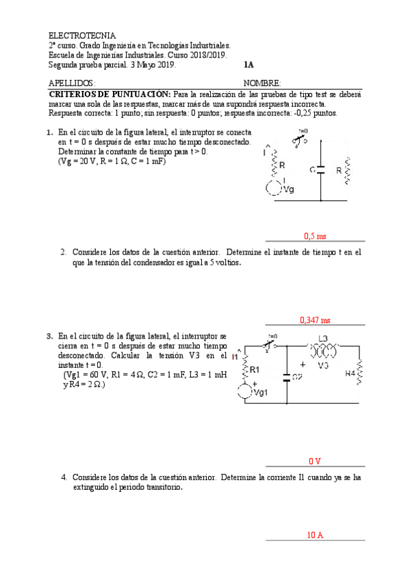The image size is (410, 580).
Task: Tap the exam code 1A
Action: pos(248,65)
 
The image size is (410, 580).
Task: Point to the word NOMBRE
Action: pos(262,83)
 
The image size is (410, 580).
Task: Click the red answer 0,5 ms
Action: pos(315,236)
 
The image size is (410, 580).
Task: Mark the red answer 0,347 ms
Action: pos(315,319)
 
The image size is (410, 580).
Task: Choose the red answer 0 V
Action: pos(315,461)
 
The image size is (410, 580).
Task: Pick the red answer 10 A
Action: pos(315,535)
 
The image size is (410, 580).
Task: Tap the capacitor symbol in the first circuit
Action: pos(320,170)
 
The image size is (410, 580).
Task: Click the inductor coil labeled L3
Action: pos(324,350)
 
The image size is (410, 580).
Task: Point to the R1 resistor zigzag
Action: pos(244,370)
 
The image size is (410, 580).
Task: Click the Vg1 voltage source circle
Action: pos(244,393)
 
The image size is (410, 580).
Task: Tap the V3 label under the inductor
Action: pos(324,366)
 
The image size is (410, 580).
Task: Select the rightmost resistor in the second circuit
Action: pos(359,373)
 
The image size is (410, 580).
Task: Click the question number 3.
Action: pos(50,337)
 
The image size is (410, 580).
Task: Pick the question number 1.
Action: pos(50,133)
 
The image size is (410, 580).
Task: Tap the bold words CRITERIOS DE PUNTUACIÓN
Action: pos(110,94)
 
